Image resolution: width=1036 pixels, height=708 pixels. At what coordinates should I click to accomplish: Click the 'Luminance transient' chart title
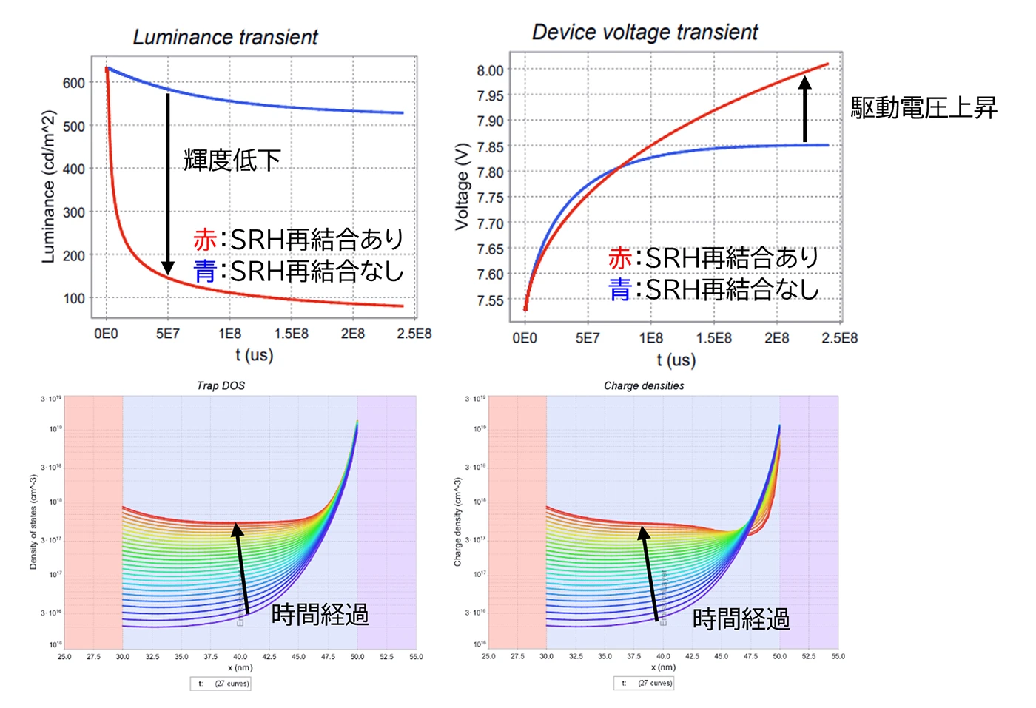point(225,37)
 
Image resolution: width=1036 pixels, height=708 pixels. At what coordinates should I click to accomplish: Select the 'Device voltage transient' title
point(645,33)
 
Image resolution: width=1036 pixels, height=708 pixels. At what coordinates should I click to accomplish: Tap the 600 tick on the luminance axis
point(74,83)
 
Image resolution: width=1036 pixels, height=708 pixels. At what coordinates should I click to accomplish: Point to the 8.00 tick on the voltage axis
point(490,70)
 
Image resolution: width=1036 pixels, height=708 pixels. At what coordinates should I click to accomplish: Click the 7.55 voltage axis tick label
point(490,300)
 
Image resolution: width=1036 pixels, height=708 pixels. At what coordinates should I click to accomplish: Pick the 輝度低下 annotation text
point(232,160)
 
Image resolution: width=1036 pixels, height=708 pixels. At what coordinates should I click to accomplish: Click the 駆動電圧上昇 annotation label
point(924,108)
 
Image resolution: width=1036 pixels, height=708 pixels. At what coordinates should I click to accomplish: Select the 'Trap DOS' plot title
point(221,385)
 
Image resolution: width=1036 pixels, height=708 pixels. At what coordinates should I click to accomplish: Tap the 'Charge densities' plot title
point(644,385)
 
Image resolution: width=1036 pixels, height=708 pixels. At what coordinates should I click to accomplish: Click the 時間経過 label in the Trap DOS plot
point(320,615)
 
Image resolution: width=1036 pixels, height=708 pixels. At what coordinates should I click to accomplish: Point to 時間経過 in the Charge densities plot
point(741,619)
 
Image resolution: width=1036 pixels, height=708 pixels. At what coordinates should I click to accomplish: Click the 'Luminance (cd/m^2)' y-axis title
point(49,186)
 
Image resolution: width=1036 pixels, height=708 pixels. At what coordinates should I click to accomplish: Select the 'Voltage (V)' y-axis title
point(462,186)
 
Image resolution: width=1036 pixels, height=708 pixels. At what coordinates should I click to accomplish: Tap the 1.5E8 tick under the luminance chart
point(291,334)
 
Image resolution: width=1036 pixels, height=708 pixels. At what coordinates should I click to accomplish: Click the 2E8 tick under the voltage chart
point(776,338)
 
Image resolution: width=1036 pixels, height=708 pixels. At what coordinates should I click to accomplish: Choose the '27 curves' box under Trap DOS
point(221,684)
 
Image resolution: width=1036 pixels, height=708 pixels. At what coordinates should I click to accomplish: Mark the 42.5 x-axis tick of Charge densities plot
point(692,656)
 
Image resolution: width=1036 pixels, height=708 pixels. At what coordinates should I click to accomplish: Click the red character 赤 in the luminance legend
point(204,240)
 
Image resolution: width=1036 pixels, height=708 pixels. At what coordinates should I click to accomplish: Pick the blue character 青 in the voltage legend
point(619,289)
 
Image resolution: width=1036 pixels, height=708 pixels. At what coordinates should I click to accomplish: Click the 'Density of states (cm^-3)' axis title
point(33,522)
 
